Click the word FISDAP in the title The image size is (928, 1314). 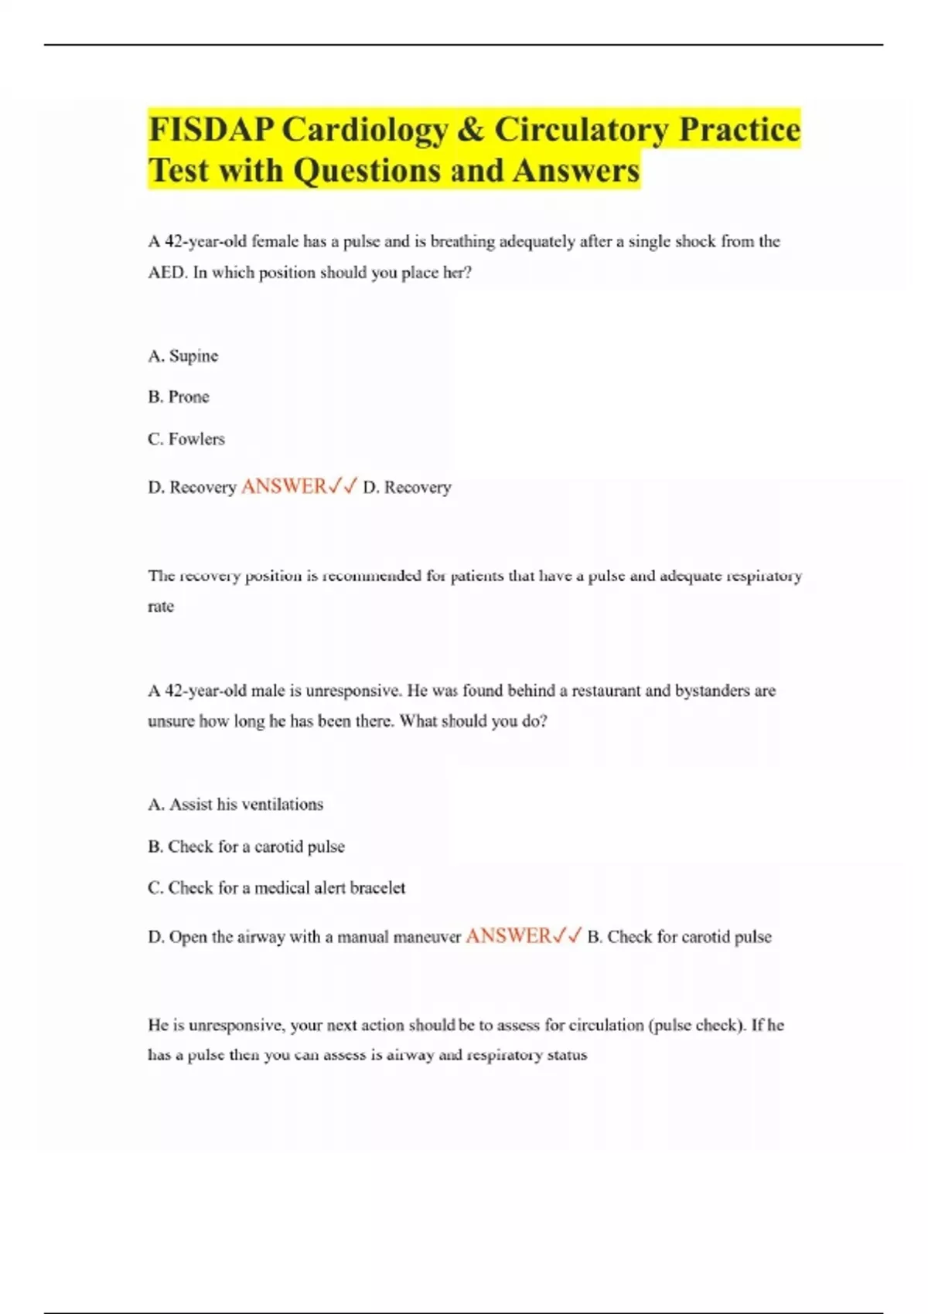(x=210, y=130)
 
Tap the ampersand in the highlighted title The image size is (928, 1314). (x=470, y=130)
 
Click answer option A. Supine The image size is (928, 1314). (x=183, y=356)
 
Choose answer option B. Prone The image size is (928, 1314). (x=179, y=397)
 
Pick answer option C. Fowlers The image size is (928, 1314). (x=186, y=439)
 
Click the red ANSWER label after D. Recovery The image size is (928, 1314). (x=284, y=487)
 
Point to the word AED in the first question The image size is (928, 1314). (x=166, y=273)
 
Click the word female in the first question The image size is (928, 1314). (x=275, y=242)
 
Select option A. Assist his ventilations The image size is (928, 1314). (x=236, y=805)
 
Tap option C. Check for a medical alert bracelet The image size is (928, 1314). (x=277, y=888)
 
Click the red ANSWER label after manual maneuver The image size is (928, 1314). (x=508, y=936)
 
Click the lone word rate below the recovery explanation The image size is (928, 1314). (x=161, y=607)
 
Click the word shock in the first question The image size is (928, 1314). (x=695, y=242)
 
